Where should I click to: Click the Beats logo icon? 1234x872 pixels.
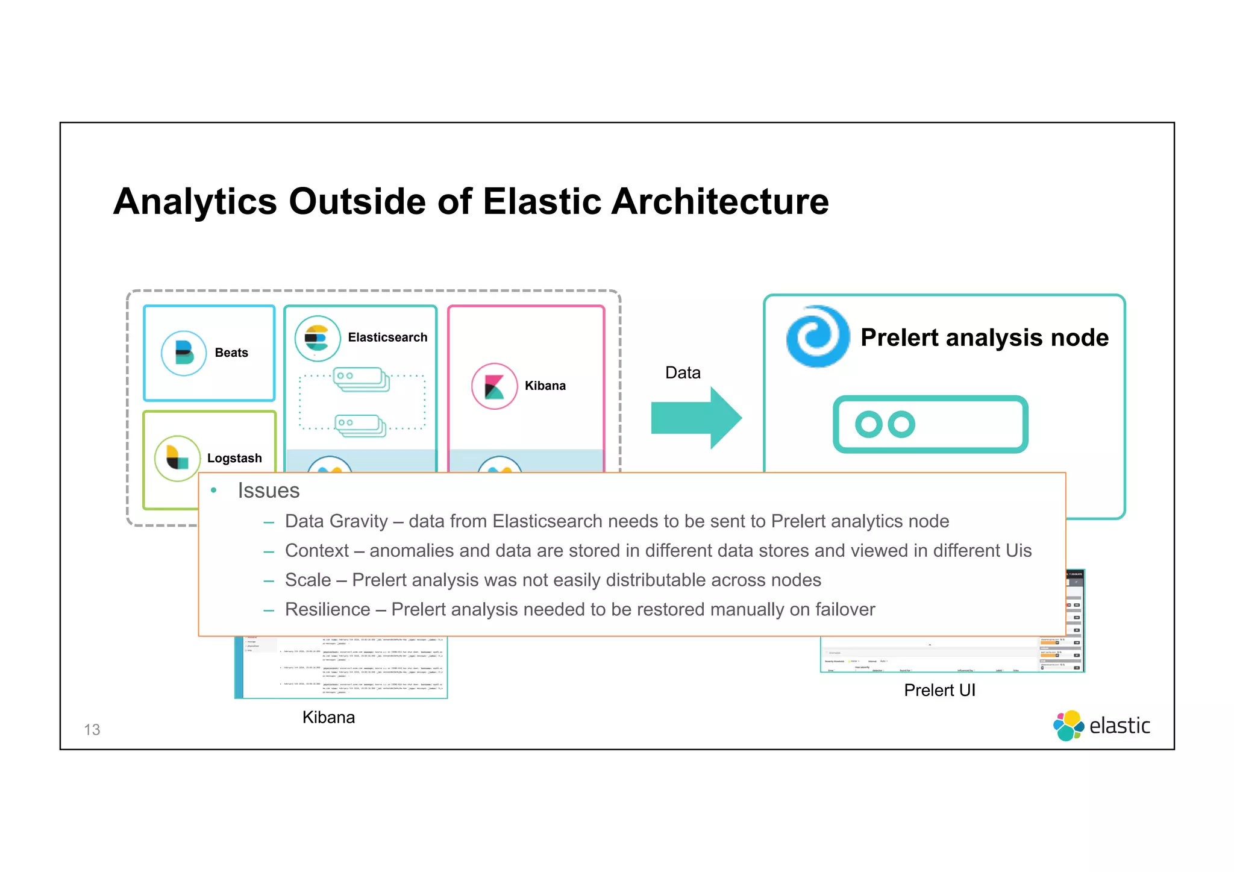tap(184, 353)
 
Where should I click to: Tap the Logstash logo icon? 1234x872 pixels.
tap(177, 458)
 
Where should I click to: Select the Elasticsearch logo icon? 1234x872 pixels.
tap(317, 338)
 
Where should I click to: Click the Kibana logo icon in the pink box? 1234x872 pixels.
tap(494, 386)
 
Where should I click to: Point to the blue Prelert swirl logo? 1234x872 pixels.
tap(818, 336)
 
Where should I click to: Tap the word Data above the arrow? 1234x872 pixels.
tap(683, 372)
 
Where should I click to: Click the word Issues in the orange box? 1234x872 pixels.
tap(268, 491)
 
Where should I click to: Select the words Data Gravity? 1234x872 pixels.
tap(336, 521)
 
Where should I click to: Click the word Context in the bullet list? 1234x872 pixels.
tap(317, 551)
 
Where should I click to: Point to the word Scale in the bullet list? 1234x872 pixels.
tap(308, 580)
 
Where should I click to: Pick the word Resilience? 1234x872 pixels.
tap(327, 609)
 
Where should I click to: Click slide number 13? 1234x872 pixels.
tap(92, 730)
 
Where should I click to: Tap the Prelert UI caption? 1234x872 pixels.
tap(939, 690)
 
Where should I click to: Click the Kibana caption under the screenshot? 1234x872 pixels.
tap(328, 717)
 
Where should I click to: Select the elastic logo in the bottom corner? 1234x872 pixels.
tap(1101, 726)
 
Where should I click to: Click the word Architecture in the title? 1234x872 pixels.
tap(720, 201)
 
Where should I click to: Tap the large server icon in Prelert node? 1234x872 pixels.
tap(930, 424)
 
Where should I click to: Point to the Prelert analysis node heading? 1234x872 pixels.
tap(984, 337)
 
